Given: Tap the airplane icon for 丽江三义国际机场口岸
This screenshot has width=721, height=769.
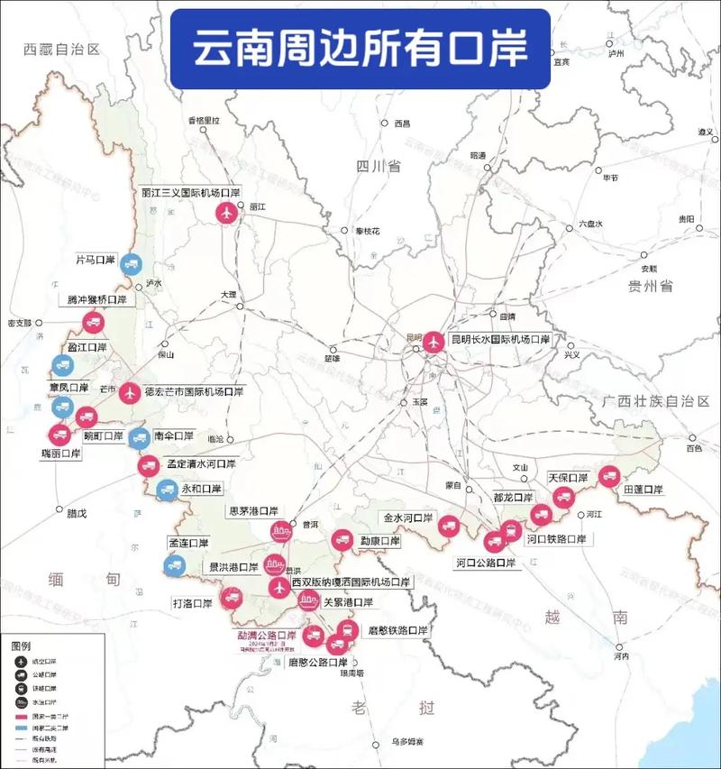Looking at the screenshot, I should click(227, 214).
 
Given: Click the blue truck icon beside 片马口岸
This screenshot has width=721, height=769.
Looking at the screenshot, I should click(131, 263).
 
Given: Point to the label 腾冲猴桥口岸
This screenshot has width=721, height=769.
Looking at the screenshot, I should click(97, 299).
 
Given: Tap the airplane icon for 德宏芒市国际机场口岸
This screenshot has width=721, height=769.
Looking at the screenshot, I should click(129, 393).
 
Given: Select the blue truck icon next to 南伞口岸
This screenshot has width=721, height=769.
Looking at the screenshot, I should click(138, 437).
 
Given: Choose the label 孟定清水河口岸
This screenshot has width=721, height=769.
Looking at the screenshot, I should click(201, 464).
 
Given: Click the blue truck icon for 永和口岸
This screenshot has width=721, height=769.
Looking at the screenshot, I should click(167, 490).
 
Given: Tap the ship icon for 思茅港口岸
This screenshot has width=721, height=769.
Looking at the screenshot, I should click(282, 532).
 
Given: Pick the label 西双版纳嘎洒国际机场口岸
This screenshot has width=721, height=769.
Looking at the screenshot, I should click(351, 582).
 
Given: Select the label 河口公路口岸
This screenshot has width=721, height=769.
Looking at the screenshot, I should click(487, 563).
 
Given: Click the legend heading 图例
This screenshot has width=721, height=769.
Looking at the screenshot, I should click(20, 646).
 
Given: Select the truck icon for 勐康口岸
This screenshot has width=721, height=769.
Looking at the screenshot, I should click(342, 540).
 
